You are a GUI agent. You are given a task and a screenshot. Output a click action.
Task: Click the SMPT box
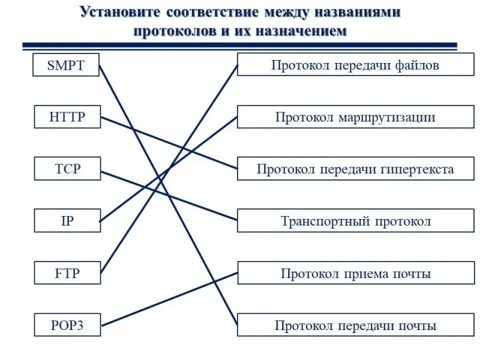66,65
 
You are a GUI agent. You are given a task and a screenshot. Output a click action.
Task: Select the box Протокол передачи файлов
355,65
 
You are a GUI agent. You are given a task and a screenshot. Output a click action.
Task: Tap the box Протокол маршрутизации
355,117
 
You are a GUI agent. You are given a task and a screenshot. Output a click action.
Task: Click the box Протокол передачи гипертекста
355,169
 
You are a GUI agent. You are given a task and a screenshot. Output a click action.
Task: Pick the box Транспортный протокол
355,221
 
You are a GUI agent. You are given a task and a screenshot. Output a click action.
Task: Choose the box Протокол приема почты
355,274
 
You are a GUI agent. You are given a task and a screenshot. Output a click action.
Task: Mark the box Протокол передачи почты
355,326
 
